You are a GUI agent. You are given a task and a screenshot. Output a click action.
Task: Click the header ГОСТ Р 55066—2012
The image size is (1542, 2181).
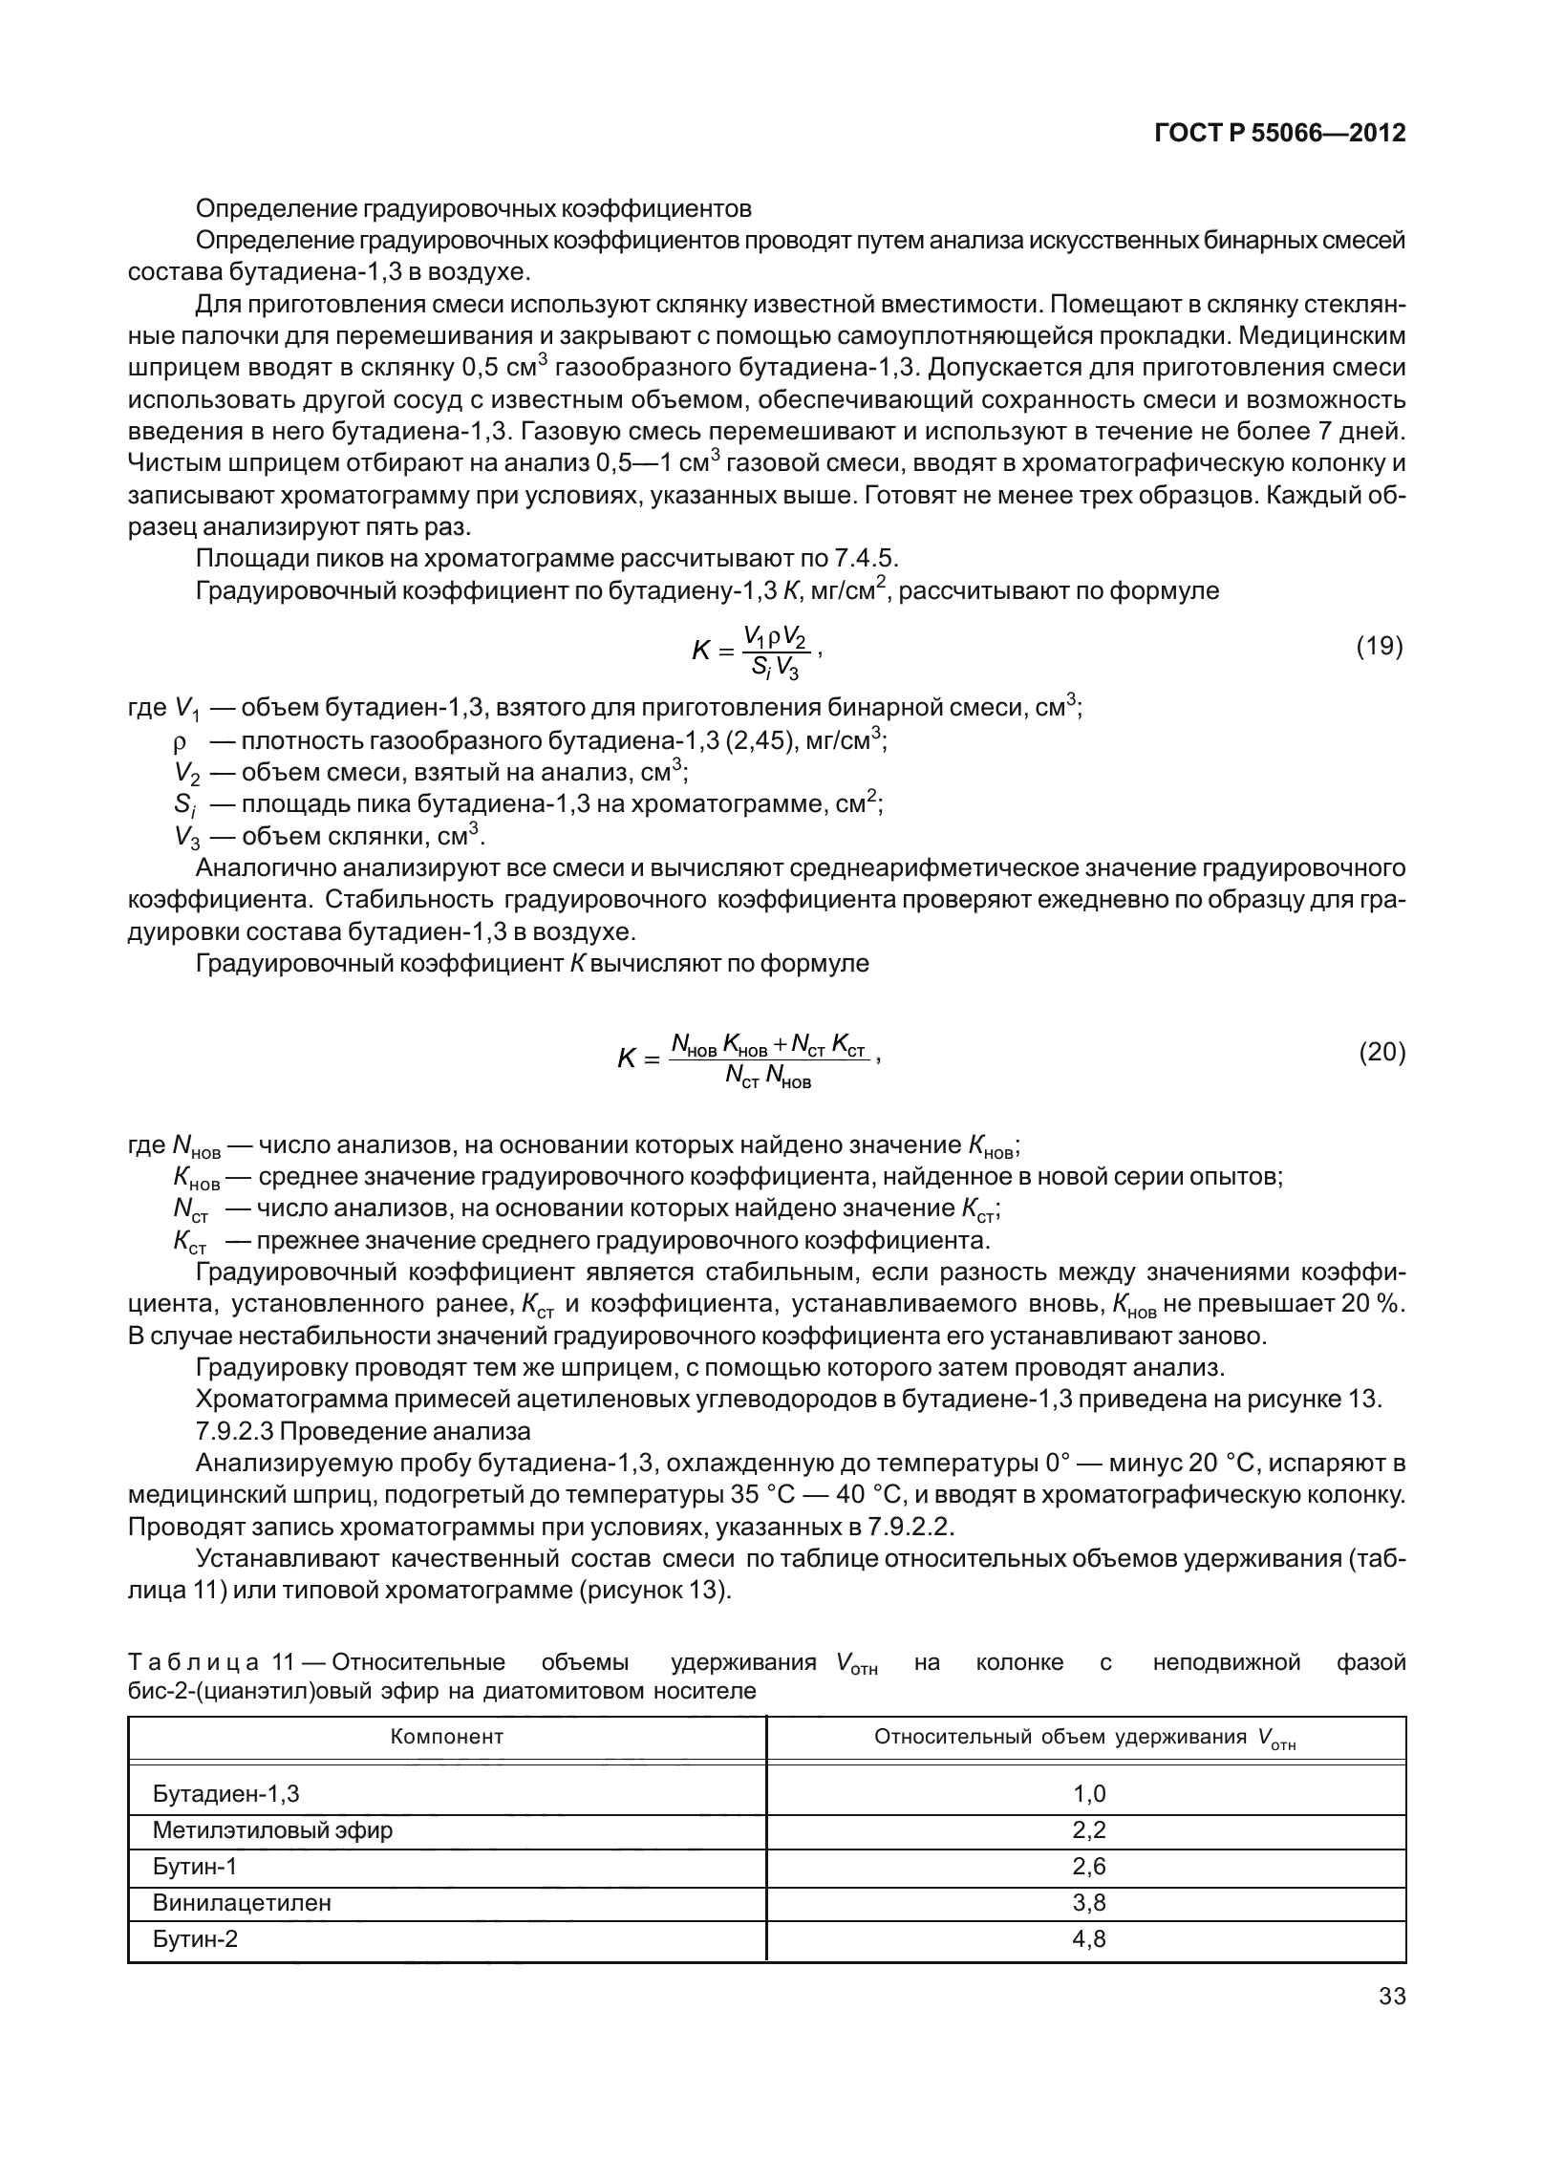1279,134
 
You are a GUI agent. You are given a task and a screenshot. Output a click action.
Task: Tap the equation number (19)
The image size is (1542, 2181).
1380,648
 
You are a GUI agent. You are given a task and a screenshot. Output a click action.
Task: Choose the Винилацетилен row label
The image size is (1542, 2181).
242,1902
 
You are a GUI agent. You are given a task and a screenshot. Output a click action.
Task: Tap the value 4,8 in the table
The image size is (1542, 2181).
1089,1938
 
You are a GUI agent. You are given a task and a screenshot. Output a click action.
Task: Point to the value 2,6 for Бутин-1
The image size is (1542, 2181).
1089,1867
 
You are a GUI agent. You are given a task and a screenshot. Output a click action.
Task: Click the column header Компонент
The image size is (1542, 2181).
446,1737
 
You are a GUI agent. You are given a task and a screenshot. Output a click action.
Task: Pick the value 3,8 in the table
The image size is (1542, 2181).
1089,1902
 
